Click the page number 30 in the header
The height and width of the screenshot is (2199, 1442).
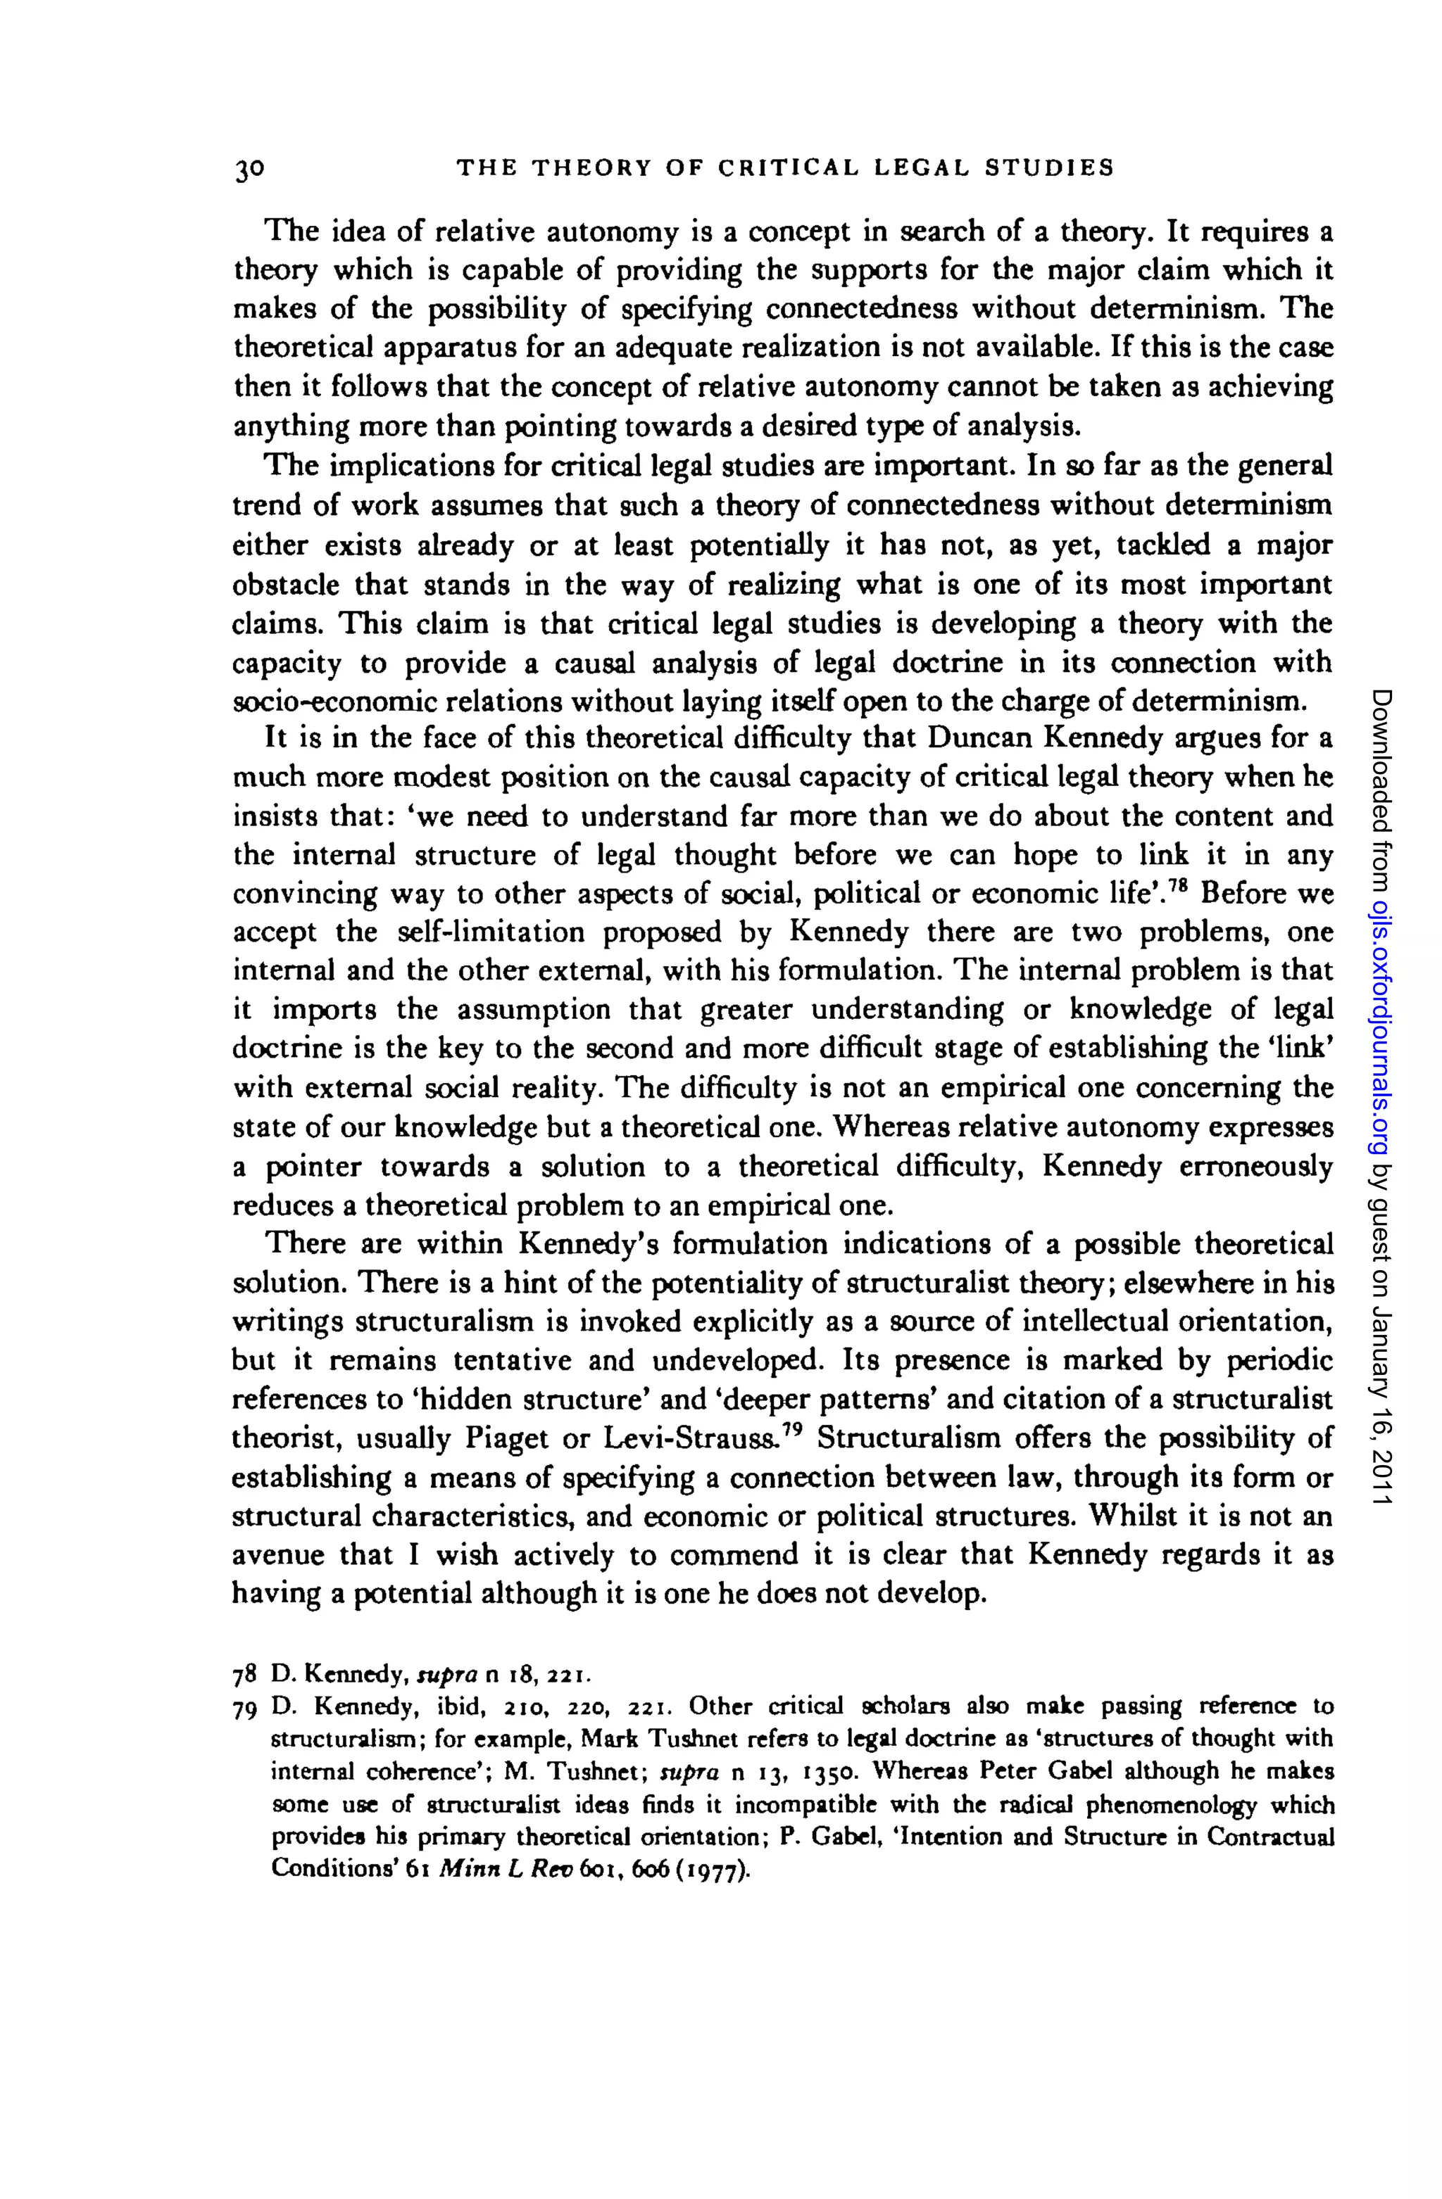(249, 168)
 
